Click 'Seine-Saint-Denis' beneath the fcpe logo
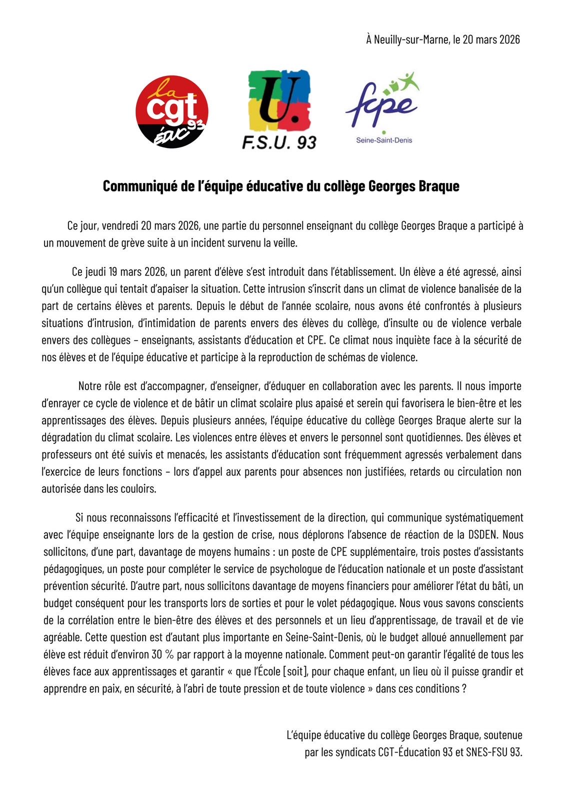pyautogui.click(x=384, y=140)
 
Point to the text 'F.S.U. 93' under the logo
pyautogui.click(x=279, y=142)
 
